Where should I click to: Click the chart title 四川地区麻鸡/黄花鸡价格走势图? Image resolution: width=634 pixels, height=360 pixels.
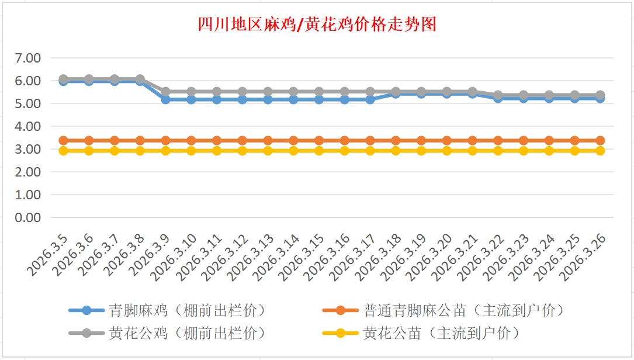(x=317, y=25)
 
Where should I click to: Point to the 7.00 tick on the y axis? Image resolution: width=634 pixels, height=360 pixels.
(x=28, y=58)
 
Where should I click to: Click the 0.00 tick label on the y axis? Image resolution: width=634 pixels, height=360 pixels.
(x=28, y=217)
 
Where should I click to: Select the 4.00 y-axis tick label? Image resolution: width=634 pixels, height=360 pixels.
(x=28, y=126)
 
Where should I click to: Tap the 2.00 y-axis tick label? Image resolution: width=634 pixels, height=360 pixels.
(x=28, y=172)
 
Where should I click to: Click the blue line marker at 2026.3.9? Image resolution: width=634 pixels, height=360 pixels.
(x=165, y=99)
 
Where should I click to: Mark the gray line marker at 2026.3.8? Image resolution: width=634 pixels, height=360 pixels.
(x=140, y=79)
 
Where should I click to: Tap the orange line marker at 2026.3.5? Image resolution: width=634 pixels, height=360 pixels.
(x=63, y=140)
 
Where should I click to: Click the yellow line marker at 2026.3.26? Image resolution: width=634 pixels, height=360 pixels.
(x=600, y=151)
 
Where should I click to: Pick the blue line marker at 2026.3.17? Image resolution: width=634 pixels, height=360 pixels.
(x=370, y=99)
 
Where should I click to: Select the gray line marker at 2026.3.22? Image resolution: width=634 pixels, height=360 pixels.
(x=498, y=95)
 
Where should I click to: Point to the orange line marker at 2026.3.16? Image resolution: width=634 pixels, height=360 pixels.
(x=344, y=140)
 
